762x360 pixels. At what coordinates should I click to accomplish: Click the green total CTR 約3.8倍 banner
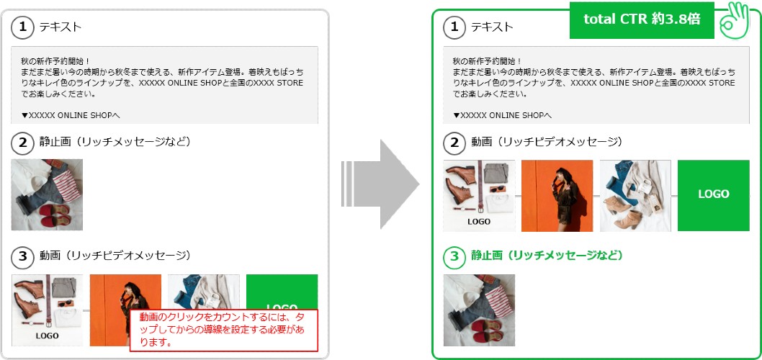pyautogui.click(x=642, y=20)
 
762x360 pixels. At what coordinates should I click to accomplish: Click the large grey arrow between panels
pyautogui.click(x=380, y=184)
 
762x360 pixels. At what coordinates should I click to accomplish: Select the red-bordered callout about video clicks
pyautogui.click(x=223, y=330)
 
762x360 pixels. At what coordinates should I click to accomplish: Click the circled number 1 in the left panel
pyautogui.click(x=22, y=27)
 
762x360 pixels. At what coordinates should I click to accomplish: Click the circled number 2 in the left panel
pyautogui.click(x=22, y=143)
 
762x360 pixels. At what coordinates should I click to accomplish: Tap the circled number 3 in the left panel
pyautogui.click(x=22, y=256)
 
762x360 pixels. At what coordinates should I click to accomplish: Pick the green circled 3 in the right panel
pyautogui.click(x=454, y=256)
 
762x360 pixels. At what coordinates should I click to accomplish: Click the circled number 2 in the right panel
pyautogui.click(x=454, y=143)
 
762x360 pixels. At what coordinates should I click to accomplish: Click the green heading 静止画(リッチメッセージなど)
pyautogui.click(x=547, y=256)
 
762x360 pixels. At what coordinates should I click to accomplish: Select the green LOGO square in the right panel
pyautogui.click(x=714, y=195)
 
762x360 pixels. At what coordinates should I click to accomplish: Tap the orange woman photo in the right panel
pyautogui.click(x=557, y=195)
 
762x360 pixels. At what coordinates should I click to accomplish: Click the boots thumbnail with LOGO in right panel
pyautogui.click(x=479, y=195)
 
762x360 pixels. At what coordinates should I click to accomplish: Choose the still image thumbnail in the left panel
pyautogui.click(x=47, y=194)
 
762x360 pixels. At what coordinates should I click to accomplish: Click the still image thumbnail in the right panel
pyautogui.click(x=479, y=310)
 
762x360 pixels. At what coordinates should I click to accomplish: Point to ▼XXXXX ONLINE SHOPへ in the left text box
pyautogui.click(x=71, y=116)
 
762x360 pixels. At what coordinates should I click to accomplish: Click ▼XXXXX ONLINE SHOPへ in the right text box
pyautogui.click(x=503, y=116)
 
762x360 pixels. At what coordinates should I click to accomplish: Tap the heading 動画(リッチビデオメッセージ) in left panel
pyautogui.click(x=115, y=256)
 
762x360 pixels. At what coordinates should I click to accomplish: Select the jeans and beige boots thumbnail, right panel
pyautogui.click(x=635, y=195)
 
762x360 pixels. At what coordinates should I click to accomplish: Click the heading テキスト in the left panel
pyautogui.click(x=60, y=27)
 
